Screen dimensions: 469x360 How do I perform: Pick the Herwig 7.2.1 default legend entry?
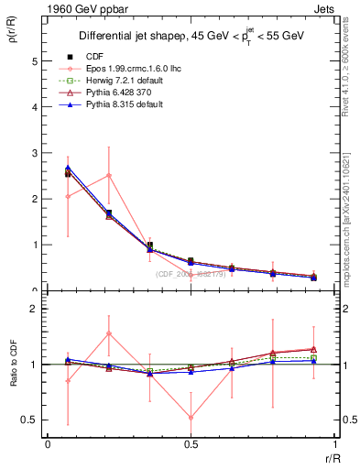pyautogui.click(x=120, y=105)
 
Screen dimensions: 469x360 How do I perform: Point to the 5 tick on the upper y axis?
pyautogui.click(x=34, y=61)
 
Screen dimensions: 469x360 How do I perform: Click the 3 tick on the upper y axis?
pyautogui.click(x=34, y=153)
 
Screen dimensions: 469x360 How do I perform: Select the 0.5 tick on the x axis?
pyautogui.click(x=191, y=446)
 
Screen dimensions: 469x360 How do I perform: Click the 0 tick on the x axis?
pyautogui.click(x=48, y=446)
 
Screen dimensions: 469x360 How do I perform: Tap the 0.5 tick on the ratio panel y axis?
pyautogui.click(x=30, y=420)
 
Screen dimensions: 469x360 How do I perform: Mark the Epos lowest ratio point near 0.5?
pyautogui.click(x=191, y=418)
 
